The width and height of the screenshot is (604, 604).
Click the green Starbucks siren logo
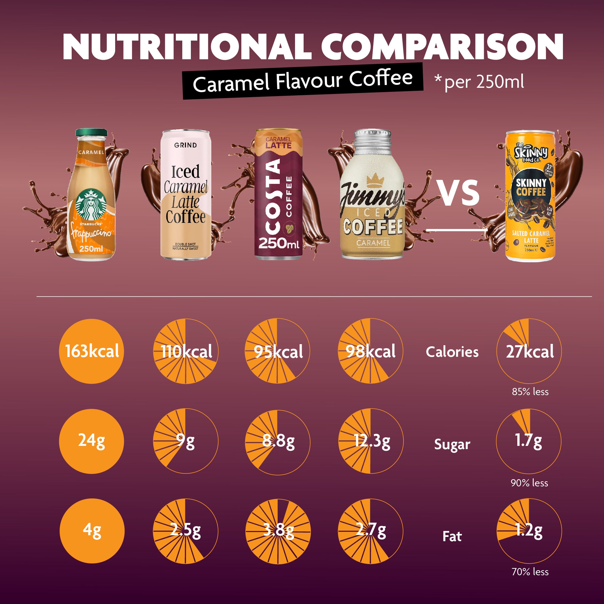click(x=91, y=205)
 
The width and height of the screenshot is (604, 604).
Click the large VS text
click(x=459, y=193)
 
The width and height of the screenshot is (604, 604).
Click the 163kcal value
click(x=92, y=351)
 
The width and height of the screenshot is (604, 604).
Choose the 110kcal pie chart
click(x=186, y=351)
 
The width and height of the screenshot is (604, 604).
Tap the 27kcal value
click(x=530, y=351)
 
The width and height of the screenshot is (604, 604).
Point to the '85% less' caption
click(x=530, y=392)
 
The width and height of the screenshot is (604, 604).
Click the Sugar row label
click(x=452, y=444)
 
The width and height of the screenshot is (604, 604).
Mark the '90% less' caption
click(x=529, y=483)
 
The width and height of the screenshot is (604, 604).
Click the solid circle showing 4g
click(x=92, y=531)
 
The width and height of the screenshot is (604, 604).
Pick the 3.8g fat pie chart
click(x=278, y=531)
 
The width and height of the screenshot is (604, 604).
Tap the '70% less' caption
click(x=530, y=572)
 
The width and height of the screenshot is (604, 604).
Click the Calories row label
click(x=452, y=352)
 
